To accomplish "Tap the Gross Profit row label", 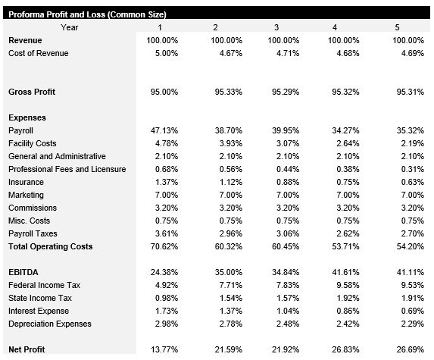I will click(x=32, y=92).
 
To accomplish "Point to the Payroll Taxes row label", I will click(x=33, y=233).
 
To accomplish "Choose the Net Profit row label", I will click(x=27, y=349).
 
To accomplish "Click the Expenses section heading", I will click(x=27, y=117).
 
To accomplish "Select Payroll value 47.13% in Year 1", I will click(x=164, y=130).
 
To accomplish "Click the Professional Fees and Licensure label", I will click(x=67, y=169).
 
